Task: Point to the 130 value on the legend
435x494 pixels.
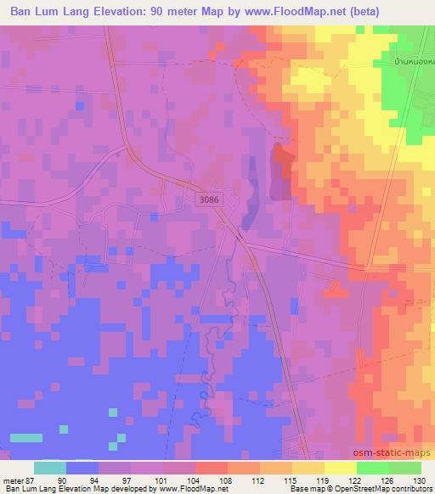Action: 420,480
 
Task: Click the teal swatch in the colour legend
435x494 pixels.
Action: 50,468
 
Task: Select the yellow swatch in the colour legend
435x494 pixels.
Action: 340,468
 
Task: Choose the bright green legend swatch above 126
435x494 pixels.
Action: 372,468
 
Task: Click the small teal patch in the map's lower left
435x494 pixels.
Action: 25,437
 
